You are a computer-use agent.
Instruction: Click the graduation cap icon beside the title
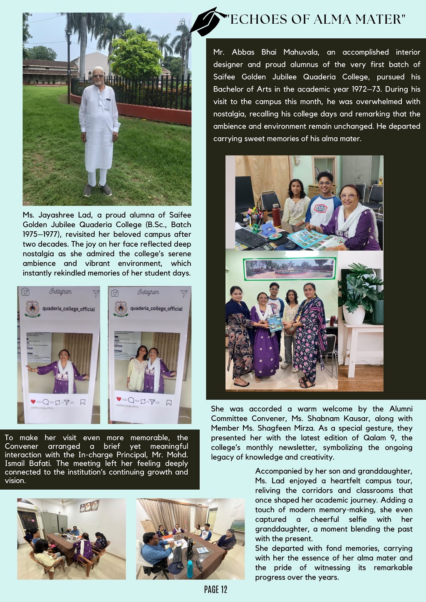point(206,22)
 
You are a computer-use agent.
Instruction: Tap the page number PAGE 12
point(215,589)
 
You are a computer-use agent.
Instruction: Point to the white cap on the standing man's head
point(98,69)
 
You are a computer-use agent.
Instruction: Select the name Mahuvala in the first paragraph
point(301,52)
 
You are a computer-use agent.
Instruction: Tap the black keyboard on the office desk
point(251,238)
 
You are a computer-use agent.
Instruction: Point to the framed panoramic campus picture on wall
point(290,268)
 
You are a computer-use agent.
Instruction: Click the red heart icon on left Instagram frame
point(33,401)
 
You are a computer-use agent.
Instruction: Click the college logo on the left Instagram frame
point(32,309)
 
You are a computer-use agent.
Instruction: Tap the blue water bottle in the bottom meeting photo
point(190,568)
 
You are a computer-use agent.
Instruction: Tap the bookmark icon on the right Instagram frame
point(169,402)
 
